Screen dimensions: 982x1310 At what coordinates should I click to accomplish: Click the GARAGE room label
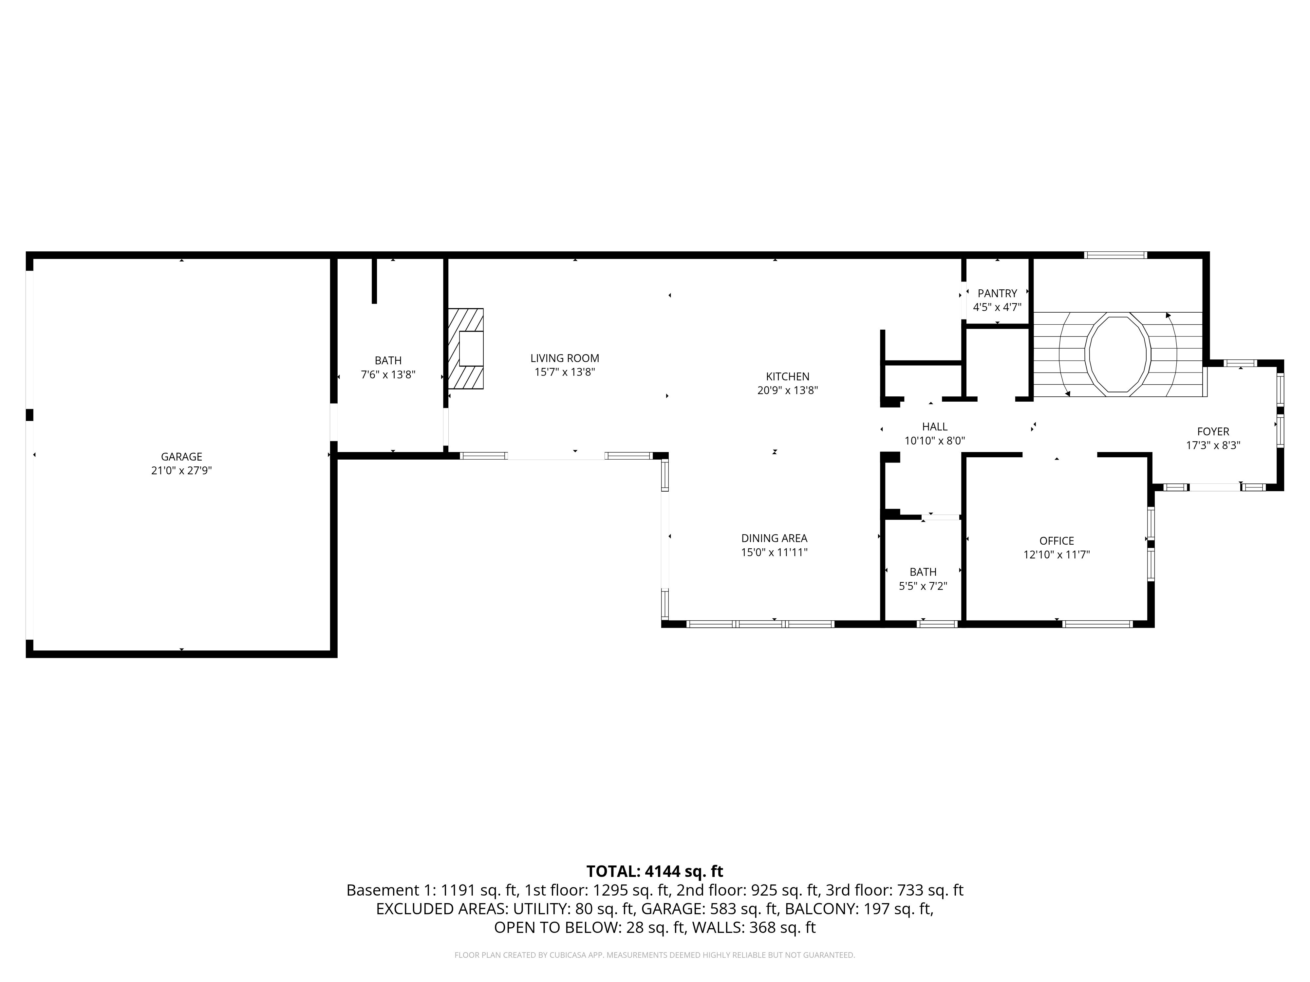click(181, 456)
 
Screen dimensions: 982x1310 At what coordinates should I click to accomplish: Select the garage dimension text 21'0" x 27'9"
click(181, 471)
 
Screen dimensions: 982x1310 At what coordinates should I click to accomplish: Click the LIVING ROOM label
click(564, 358)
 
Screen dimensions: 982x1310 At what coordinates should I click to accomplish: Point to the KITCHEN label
click(787, 376)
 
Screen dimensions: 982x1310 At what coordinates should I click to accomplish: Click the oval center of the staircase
click(1117, 354)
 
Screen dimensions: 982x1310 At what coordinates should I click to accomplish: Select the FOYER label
click(1213, 431)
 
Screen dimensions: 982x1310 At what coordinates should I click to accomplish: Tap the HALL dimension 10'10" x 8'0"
click(935, 440)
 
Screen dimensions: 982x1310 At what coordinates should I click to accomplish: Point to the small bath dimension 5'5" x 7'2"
click(923, 586)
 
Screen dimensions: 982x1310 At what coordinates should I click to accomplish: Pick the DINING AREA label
click(774, 538)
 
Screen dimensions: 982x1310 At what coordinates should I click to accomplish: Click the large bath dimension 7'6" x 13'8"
click(388, 375)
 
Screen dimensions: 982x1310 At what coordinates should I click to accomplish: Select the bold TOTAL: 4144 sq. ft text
click(654, 871)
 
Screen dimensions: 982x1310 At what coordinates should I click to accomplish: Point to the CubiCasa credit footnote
click(654, 955)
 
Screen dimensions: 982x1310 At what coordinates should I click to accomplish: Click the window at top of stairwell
click(1115, 255)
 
